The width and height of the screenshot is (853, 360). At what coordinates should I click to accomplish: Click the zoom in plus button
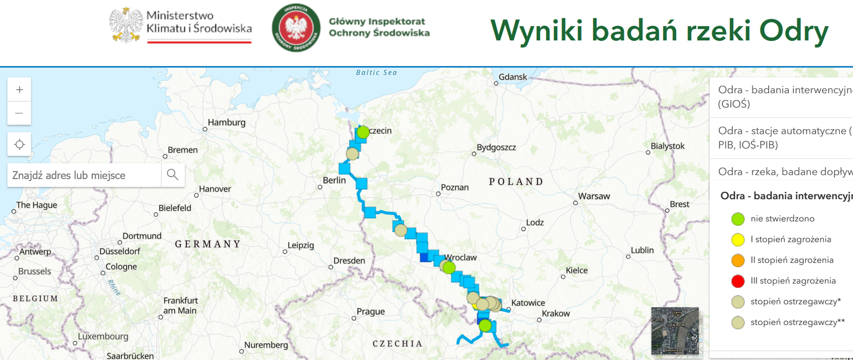pos(19,90)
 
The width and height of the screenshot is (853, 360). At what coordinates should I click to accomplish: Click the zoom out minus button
pos(19,113)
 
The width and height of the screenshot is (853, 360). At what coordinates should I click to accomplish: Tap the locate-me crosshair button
pos(19,144)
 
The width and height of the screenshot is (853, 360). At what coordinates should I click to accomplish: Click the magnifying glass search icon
pos(172,175)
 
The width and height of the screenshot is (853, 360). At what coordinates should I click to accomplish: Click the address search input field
pos(84,175)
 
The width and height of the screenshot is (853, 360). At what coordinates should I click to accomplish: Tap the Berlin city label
pos(334,180)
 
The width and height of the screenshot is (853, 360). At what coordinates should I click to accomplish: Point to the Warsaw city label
pos(594,196)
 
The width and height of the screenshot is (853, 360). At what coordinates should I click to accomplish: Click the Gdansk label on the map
pos(513,77)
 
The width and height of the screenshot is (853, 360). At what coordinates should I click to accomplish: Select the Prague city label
pos(371,312)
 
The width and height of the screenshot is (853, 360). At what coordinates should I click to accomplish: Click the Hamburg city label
pos(226,122)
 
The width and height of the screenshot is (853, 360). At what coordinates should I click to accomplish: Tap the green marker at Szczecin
pos(363,132)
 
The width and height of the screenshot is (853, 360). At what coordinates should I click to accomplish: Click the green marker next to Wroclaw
pos(449,268)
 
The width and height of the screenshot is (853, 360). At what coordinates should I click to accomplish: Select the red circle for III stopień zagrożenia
pos(737,281)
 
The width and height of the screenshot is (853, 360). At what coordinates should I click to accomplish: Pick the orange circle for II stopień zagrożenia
pos(737,260)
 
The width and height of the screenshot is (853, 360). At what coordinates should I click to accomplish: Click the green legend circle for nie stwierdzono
pos(737,219)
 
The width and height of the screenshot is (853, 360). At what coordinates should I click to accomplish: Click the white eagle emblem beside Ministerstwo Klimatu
pos(126,25)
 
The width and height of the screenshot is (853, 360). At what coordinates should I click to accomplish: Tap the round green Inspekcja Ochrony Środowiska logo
pos(296,28)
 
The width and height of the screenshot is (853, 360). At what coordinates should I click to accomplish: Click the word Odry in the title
pos(793,31)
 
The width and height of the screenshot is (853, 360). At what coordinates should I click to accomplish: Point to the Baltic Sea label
pos(376,72)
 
